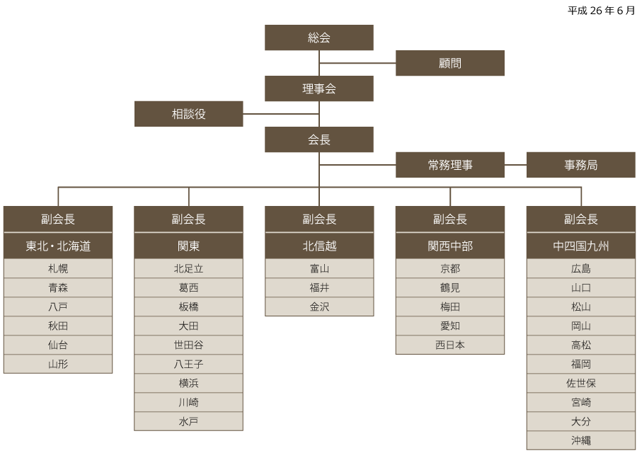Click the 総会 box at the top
[x=319, y=38]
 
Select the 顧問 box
[x=450, y=63]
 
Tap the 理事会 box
[x=319, y=88]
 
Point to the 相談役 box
[x=188, y=114]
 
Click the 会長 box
[x=319, y=139]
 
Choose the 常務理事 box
[x=450, y=165]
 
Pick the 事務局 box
[x=581, y=165]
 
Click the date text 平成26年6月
[x=601, y=11]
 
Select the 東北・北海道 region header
[x=58, y=246]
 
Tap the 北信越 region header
[x=319, y=246]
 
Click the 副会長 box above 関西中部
[x=450, y=219]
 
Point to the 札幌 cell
[x=58, y=268]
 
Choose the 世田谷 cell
[x=188, y=345]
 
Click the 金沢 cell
[x=319, y=306]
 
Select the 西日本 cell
[x=450, y=345]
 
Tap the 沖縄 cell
[x=581, y=440]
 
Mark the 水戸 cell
[x=188, y=421]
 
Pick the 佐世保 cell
[x=581, y=383]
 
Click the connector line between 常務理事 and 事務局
[x=515, y=165]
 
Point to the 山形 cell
[x=58, y=364]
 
